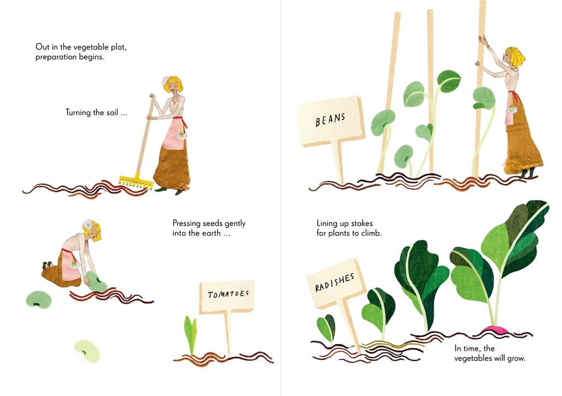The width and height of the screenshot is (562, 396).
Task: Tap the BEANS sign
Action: [x=331, y=121]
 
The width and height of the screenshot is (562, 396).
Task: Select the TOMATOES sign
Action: [x=227, y=296]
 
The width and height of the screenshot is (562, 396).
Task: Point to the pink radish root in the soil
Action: [x=496, y=329]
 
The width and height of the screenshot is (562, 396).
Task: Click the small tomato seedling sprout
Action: [x=190, y=334]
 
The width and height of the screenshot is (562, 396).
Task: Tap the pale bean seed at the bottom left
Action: [x=87, y=350]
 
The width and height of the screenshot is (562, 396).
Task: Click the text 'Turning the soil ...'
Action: [x=96, y=112]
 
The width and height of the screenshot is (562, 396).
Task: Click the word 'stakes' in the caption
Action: [x=361, y=224]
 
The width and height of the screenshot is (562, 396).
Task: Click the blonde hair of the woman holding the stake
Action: [x=516, y=56]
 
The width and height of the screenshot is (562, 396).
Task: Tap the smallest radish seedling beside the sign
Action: [x=326, y=328]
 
